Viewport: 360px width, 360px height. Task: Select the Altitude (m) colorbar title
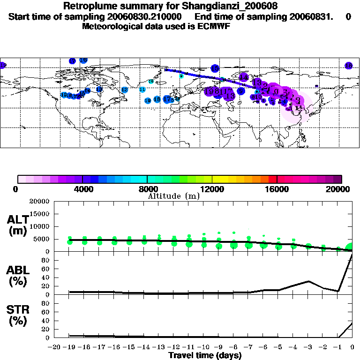click(173, 196)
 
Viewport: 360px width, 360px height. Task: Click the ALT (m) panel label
click(17, 225)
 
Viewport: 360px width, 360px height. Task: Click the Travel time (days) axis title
click(205, 355)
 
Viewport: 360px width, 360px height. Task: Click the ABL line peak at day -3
click(308, 281)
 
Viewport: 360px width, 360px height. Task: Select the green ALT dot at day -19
click(70, 241)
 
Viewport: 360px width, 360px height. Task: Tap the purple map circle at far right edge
click(348, 66)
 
